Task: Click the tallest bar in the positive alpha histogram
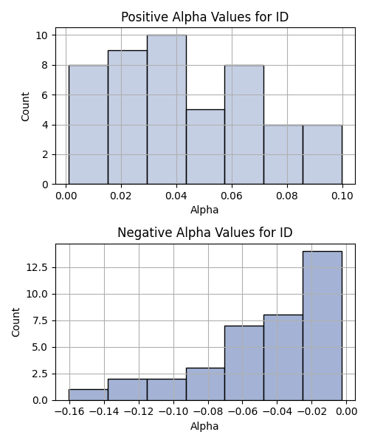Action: pyautogui.click(x=167, y=109)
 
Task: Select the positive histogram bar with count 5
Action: pyautogui.click(x=206, y=147)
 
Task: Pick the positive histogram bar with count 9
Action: pyautogui.click(x=128, y=117)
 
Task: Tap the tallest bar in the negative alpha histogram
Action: pyautogui.click(x=323, y=326)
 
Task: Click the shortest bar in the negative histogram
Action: pyautogui.click(x=89, y=395)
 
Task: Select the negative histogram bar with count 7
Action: pyautogui.click(x=244, y=363)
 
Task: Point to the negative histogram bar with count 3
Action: pyautogui.click(x=206, y=384)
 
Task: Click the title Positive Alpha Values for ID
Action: pyautogui.click(x=204, y=17)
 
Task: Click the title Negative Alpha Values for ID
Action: pyautogui.click(x=204, y=233)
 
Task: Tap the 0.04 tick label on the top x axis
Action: pyautogui.click(x=176, y=196)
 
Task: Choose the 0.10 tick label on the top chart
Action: pyautogui.click(x=342, y=196)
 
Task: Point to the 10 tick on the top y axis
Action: pyautogui.click(x=42, y=35)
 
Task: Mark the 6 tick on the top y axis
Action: pyautogui.click(x=45, y=95)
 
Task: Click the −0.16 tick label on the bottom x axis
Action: pyautogui.click(x=69, y=411)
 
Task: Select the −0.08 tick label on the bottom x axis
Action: pyautogui.click(x=208, y=411)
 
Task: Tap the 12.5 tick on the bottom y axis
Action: pyautogui.click(x=37, y=267)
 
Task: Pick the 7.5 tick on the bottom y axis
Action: pyautogui.click(x=40, y=320)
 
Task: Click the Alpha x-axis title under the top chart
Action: pyautogui.click(x=204, y=210)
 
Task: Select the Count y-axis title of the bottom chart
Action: pyautogui.click(x=15, y=322)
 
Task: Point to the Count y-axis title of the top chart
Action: pyautogui.click(x=25, y=106)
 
